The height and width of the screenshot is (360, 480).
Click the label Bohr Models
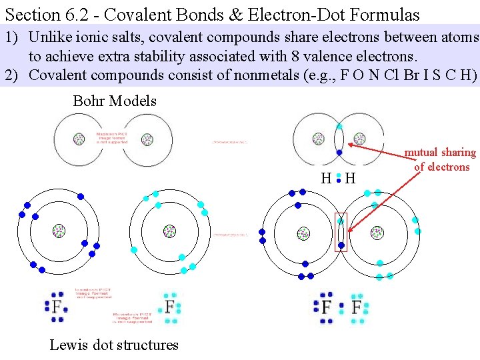[x=114, y=101]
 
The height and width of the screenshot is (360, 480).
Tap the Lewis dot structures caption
[x=114, y=345]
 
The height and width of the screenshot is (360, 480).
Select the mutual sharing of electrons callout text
[x=440, y=160]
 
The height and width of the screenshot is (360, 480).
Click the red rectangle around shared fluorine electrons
[x=341, y=232]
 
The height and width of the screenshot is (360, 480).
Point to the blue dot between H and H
[x=339, y=179]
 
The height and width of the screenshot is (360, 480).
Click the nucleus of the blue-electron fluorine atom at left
[x=59, y=231]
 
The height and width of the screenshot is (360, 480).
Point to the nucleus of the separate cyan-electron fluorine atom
[x=170, y=231]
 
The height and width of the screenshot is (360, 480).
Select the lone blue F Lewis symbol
[x=57, y=307]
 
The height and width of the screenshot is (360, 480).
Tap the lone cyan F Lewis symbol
[x=170, y=307]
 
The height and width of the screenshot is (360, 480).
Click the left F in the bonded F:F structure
[x=326, y=307]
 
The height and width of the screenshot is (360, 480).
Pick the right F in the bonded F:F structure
[x=357, y=307]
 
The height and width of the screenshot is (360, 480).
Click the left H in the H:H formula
[x=326, y=179]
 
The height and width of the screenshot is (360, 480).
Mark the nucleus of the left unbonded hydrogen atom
[x=79, y=139]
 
